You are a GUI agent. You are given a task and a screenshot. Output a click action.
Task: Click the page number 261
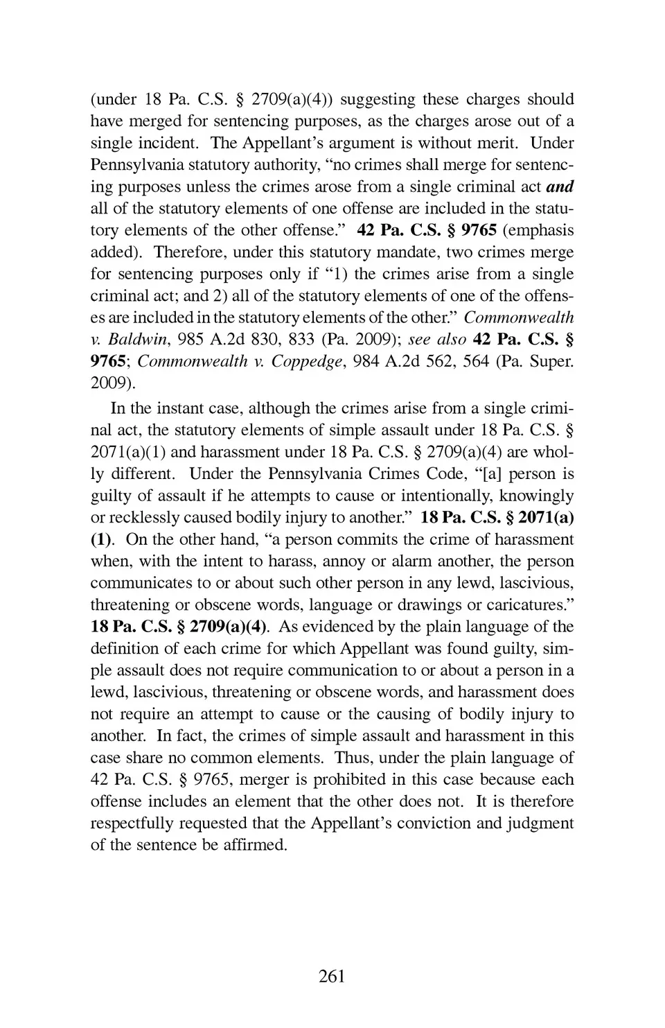coord(332,977)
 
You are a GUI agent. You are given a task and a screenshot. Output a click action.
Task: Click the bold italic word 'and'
coord(560,187)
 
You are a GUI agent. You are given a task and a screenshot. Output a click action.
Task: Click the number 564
coord(475,362)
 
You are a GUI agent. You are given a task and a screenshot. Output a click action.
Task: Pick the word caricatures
coord(522,605)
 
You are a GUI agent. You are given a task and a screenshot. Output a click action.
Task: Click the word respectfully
coord(132,824)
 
